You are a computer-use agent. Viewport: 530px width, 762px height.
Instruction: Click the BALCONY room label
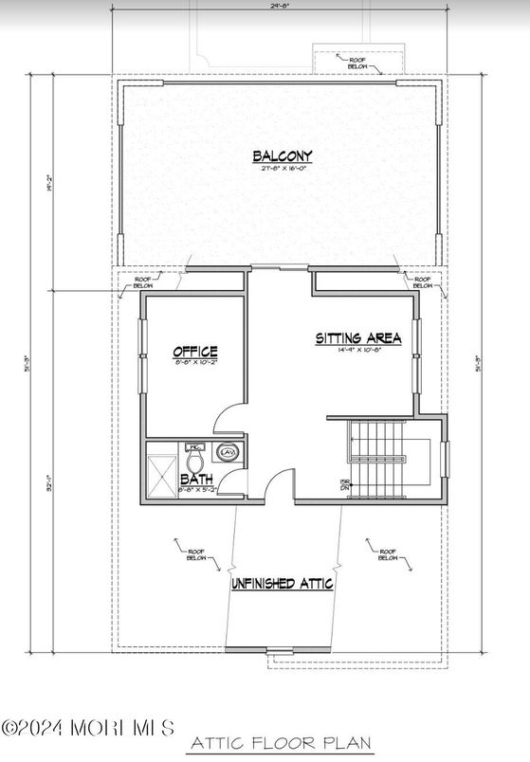282,156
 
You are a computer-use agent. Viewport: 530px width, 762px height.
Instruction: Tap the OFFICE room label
194,352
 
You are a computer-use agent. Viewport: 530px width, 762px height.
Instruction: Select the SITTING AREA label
358,338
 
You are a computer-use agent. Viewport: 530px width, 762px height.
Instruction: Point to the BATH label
195,481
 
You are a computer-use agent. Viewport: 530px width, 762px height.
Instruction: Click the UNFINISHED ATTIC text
283,584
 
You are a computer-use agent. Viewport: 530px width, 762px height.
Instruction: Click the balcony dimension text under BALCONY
282,170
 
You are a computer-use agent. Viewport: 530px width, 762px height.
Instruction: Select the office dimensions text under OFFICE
194,363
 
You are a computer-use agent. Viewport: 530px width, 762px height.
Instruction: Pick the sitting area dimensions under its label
358,351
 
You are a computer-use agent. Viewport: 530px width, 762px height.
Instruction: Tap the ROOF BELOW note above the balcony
359,62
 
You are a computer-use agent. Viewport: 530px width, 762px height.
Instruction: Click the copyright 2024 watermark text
87,728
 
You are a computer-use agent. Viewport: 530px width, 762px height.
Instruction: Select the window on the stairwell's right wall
448,456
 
